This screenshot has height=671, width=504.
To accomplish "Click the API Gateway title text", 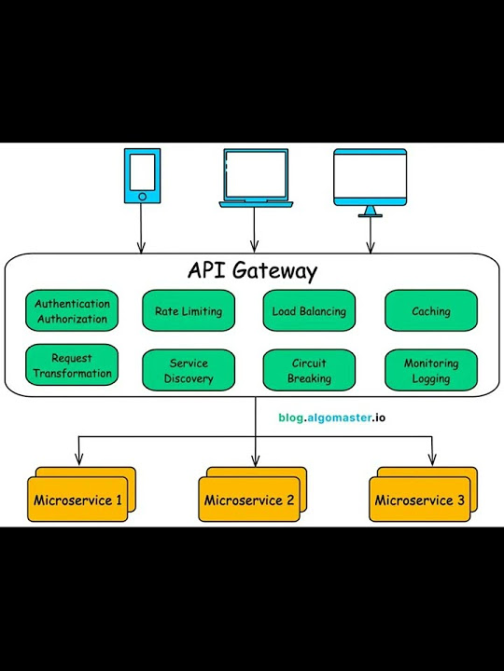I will click(252, 271).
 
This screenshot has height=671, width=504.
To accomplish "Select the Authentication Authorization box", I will click(72, 311).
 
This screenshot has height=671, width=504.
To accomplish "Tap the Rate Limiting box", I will click(188, 311).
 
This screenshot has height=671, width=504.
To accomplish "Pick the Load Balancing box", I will click(309, 311).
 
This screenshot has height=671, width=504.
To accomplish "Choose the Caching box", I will click(430, 311).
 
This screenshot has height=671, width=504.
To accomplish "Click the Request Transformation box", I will click(72, 366).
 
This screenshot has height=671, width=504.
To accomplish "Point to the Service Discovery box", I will click(188, 371).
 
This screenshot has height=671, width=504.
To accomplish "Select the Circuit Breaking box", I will click(309, 371).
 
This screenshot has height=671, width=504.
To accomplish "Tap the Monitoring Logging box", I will click(430, 371).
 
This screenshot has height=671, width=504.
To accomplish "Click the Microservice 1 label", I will click(77, 501).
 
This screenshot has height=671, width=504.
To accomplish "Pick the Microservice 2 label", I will click(249, 501).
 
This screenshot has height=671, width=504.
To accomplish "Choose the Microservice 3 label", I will click(419, 501).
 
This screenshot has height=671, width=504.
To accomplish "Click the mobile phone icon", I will click(141, 175).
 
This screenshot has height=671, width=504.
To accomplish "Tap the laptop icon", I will click(254, 177).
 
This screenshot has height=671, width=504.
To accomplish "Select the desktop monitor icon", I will click(371, 180).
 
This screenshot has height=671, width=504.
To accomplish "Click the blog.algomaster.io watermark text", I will click(331, 418).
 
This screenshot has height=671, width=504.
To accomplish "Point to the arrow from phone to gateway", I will click(141, 228).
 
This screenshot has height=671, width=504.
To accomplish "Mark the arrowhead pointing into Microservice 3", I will click(431, 459).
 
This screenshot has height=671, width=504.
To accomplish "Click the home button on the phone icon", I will click(141, 197).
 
